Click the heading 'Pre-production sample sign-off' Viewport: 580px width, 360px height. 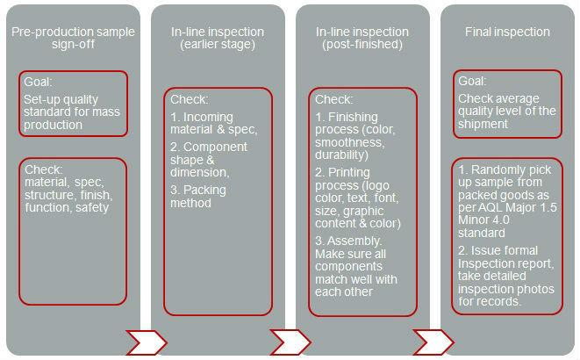click(x=73, y=38)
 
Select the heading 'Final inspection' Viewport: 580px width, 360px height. click(x=507, y=32)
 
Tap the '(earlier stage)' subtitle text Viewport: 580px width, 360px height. click(x=218, y=45)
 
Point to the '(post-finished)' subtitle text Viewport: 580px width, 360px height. click(x=362, y=45)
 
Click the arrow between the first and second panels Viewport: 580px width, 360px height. click(x=147, y=342)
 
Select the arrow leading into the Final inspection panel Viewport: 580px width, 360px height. click(x=433, y=342)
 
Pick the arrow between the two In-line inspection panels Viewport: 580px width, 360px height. click(x=290, y=342)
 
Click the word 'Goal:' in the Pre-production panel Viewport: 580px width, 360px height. click(x=38, y=82)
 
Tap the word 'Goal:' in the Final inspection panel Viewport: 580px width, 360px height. click(x=472, y=81)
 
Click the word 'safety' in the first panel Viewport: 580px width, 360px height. click(x=92, y=207)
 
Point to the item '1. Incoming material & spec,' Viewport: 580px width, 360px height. click(x=213, y=123)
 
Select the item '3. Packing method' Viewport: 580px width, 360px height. click(x=198, y=197)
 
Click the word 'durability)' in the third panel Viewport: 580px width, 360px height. click(x=341, y=155)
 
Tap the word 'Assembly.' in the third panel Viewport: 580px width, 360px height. click(x=354, y=241)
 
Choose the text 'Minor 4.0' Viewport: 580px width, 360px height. click(x=483, y=220)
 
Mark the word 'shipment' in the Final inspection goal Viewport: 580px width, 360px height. click(x=483, y=124)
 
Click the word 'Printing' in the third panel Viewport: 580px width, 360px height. click(x=349, y=173)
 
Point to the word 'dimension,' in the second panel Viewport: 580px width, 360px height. click(x=200, y=172)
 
